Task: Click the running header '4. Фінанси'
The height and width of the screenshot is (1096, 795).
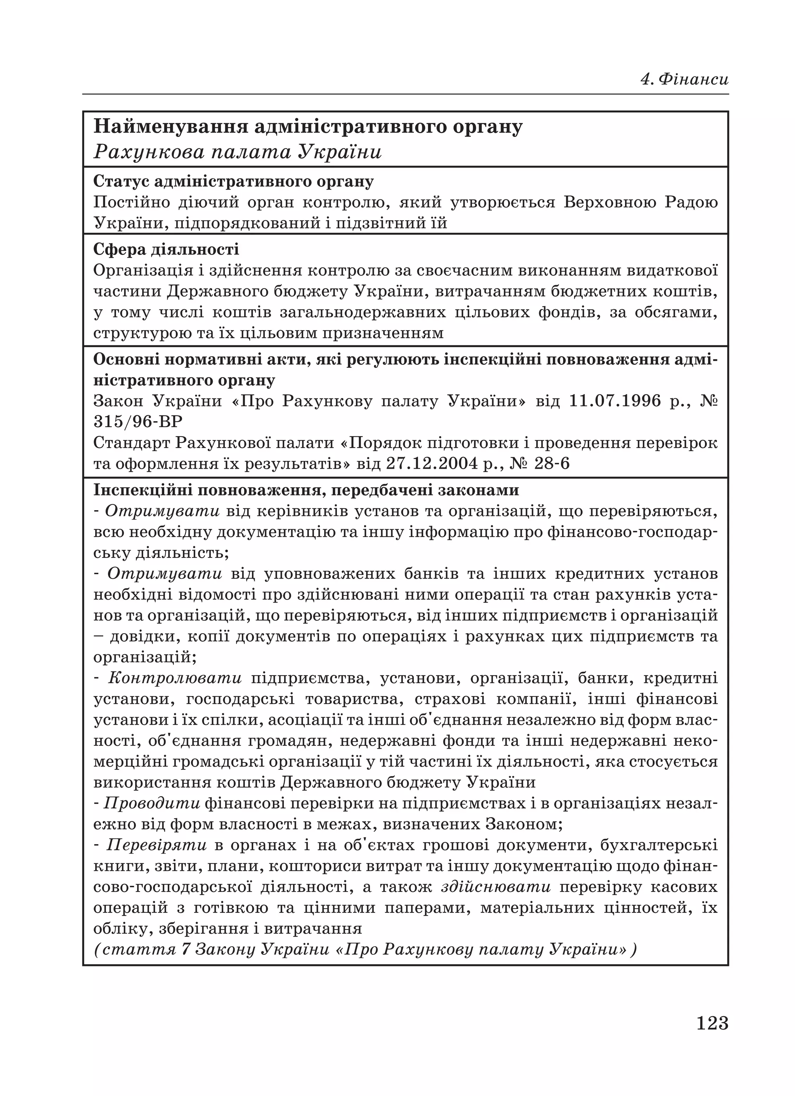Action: [x=684, y=79]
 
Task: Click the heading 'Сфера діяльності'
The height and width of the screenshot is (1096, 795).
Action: [x=166, y=249]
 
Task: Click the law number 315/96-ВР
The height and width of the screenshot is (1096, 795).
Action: [x=138, y=422]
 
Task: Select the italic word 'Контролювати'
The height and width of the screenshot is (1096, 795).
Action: [x=175, y=678]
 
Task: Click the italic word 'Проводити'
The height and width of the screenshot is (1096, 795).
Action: [x=152, y=803]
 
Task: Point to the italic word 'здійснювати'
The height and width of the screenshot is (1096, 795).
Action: [x=496, y=887]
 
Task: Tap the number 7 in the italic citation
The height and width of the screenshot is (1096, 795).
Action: [x=185, y=950]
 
